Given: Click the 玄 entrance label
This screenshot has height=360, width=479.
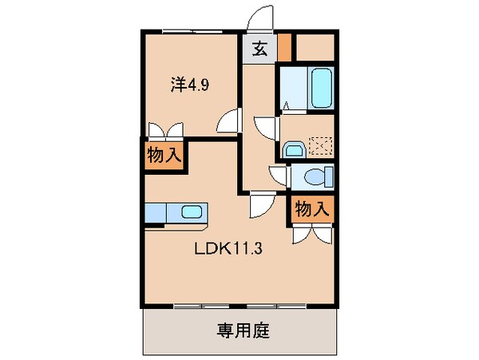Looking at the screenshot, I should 259,49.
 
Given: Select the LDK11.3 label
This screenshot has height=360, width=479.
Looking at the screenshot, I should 230,247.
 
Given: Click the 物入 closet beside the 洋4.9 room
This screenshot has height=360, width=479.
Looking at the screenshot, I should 163,156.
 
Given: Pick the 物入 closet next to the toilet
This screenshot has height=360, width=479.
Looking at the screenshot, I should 311,209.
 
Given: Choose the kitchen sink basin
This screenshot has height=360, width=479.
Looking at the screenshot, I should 192,213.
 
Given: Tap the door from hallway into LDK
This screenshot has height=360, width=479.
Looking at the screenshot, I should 262,206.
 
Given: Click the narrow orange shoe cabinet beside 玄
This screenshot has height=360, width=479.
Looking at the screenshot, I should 284,49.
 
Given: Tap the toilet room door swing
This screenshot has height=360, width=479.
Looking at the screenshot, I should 279,175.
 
